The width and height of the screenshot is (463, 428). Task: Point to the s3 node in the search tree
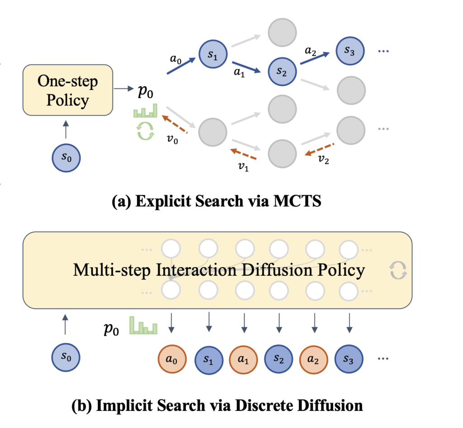point(350,51)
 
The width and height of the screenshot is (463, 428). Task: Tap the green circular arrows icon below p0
point(145,131)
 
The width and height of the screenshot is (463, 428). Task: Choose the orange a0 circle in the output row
point(171,359)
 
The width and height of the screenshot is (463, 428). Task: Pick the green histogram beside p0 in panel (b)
point(143,325)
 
